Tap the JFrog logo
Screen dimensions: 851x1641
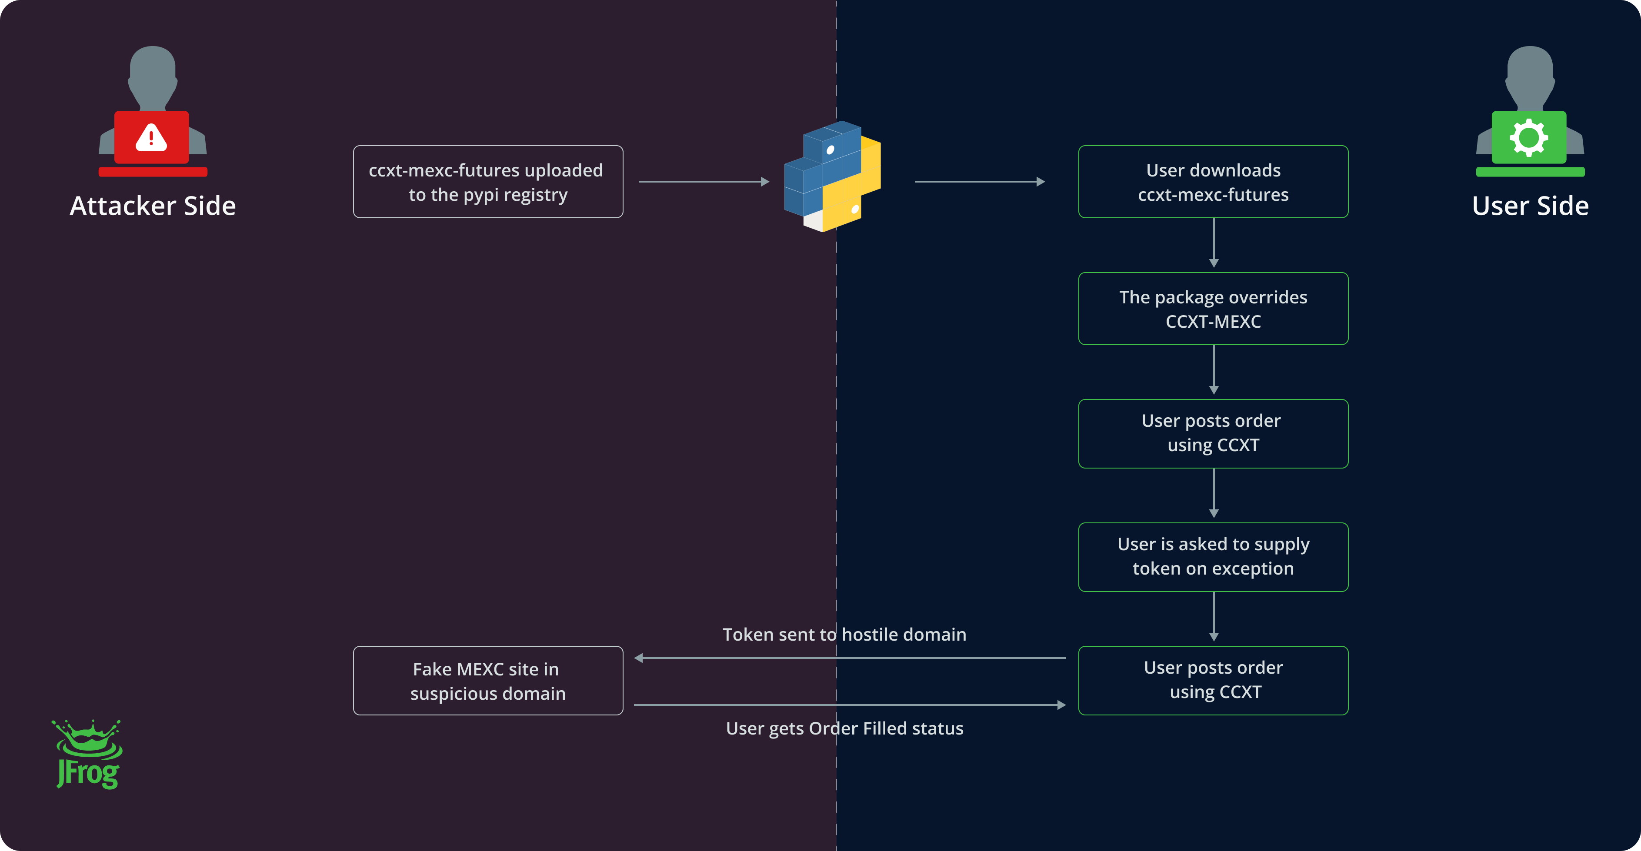[88, 755]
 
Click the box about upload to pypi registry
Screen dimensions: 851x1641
[488, 182]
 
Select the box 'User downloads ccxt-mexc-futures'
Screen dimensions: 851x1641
[1213, 182]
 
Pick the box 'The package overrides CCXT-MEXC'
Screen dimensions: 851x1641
[1213, 309]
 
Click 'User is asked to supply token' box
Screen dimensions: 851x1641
[1213, 557]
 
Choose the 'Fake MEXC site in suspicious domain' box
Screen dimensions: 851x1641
[488, 681]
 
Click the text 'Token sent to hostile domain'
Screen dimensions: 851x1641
[844, 635]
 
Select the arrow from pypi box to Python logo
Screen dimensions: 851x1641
[704, 182]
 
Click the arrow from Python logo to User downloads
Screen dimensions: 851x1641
[980, 182]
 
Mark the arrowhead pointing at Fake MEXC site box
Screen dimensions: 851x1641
[639, 658]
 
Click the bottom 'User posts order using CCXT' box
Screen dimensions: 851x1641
[1213, 680]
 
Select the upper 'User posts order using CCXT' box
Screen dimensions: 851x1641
[1213, 433]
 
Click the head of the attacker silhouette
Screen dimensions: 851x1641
[153, 70]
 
